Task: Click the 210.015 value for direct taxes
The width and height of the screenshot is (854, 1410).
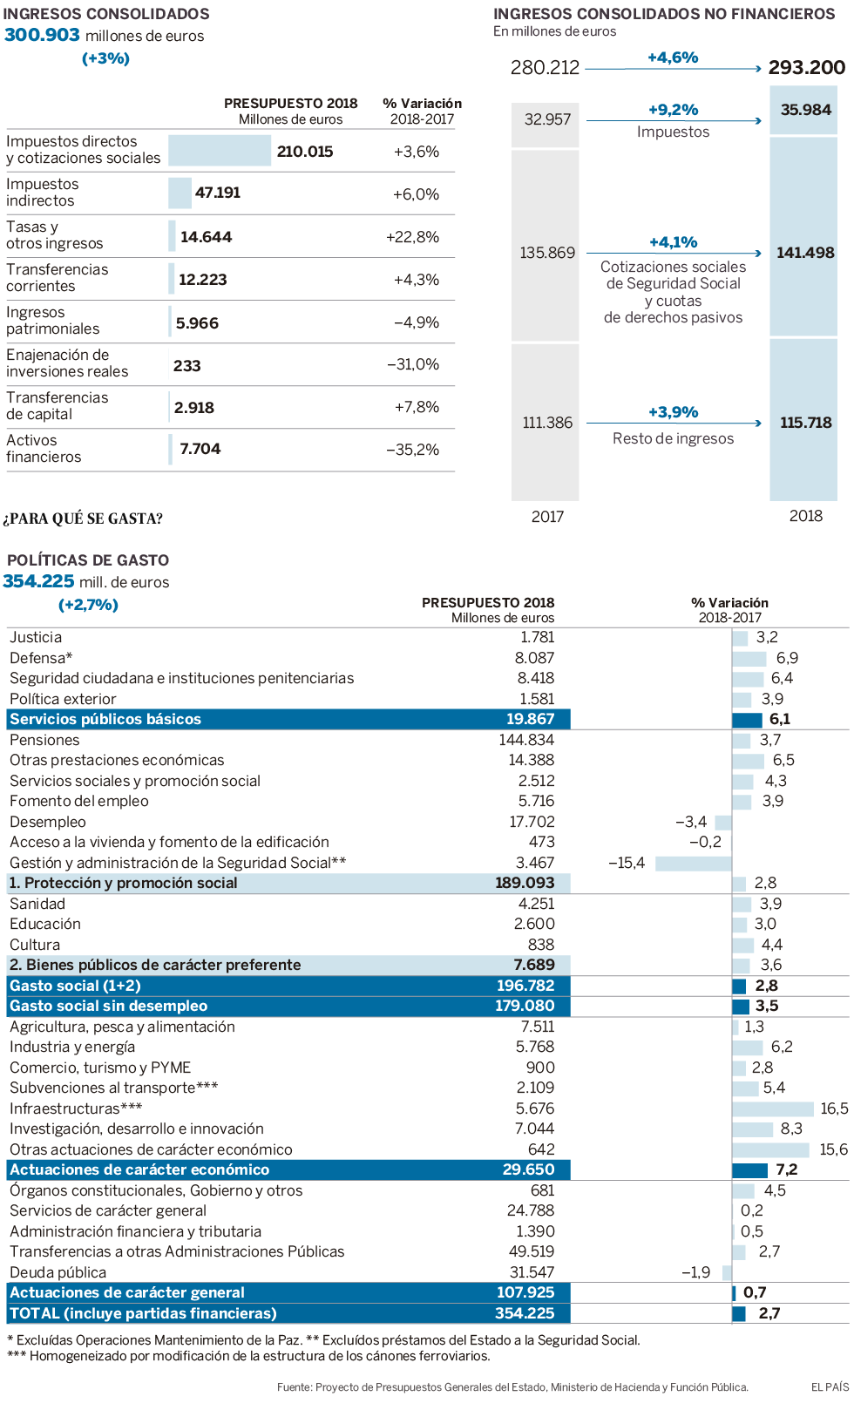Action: click(305, 152)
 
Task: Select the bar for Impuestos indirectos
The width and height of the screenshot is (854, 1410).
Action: click(180, 193)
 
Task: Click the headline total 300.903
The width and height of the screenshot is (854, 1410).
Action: click(42, 35)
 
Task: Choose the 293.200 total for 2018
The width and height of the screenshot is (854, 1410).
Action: click(806, 68)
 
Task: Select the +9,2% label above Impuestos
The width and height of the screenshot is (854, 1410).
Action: click(673, 110)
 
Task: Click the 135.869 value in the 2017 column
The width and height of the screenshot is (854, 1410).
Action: click(547, 253)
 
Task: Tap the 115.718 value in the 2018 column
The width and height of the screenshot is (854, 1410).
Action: click(805, 423)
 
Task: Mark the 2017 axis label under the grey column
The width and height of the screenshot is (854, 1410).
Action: click(547, 517)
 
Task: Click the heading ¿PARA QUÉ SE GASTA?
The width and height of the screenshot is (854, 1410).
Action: click(83, 519)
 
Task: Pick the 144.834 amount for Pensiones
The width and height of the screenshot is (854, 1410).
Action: click(526, 740)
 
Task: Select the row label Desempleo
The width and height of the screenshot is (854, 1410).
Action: click(48, 822)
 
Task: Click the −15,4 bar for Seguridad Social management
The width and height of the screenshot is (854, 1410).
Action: click(693, 864)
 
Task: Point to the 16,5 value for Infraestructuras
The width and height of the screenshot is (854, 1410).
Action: click(834, 1108)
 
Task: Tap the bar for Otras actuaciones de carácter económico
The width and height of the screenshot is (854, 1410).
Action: click(770, 1150)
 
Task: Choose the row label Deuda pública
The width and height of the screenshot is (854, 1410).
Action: click(58, 1272)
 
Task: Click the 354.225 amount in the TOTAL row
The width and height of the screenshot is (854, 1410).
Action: click(525, 1313)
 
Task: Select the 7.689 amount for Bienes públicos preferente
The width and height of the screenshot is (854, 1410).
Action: click(534, 965)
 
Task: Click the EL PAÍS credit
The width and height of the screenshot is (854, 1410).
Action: click(830, 1386)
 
